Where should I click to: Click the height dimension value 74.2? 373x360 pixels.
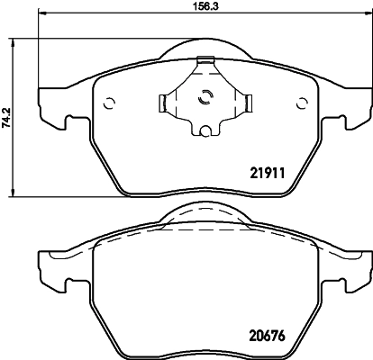click(7, 117)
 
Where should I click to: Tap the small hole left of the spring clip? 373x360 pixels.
click(109, 101)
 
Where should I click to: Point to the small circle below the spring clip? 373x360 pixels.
click(205, 132)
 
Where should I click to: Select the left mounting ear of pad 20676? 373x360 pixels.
click(50, 267)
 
